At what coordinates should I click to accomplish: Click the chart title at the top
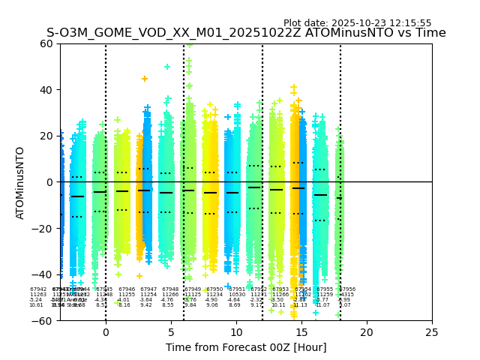[246, 33]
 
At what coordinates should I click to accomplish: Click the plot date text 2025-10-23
[357, 23]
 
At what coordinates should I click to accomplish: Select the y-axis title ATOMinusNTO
[21, 182]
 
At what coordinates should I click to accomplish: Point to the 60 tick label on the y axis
[47, 43]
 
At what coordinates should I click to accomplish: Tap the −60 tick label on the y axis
[44, 320]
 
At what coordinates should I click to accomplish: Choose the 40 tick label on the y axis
[47, 90]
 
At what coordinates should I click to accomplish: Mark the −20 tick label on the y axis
[44, 228]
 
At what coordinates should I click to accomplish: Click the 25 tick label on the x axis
[432, 332]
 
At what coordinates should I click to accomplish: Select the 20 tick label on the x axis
[367, 332]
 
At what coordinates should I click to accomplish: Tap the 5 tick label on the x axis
[171, 332]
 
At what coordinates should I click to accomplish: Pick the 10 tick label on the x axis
[236, 332]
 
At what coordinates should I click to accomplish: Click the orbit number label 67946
[127, 289]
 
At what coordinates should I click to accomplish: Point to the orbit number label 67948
[170, 289]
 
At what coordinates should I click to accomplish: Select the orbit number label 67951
[237, 289]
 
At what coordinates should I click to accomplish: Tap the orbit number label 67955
[325, 289]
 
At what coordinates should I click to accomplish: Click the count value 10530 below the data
[237, 295]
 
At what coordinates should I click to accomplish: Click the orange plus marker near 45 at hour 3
[145, 79]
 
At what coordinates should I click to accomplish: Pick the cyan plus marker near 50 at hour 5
[167, 67]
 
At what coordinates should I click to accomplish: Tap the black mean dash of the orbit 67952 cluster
[254, 187]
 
